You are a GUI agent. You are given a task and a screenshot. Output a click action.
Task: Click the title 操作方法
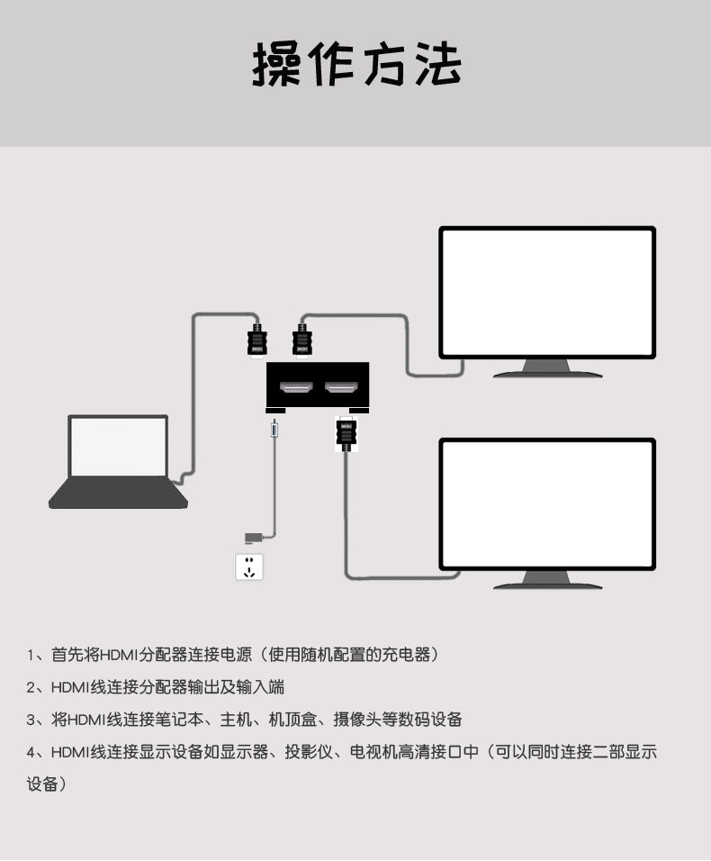point(355,65)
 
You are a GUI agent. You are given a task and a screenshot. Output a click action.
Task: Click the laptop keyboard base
point(118,493)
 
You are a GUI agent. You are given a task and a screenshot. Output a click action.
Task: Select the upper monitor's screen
point(546,291)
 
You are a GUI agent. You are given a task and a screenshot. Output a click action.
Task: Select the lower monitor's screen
point(546,503)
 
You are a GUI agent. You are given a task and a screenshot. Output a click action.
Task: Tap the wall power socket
point(249,566)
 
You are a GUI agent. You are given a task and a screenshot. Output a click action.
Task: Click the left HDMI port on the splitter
point(296,389)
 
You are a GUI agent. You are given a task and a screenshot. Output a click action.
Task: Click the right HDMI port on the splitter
point(341,389)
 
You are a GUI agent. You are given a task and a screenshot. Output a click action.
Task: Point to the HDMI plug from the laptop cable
point(256,341)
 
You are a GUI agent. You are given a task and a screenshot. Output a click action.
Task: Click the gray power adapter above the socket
point(254,538)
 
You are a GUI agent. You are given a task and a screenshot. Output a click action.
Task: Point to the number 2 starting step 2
point(31,687)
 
